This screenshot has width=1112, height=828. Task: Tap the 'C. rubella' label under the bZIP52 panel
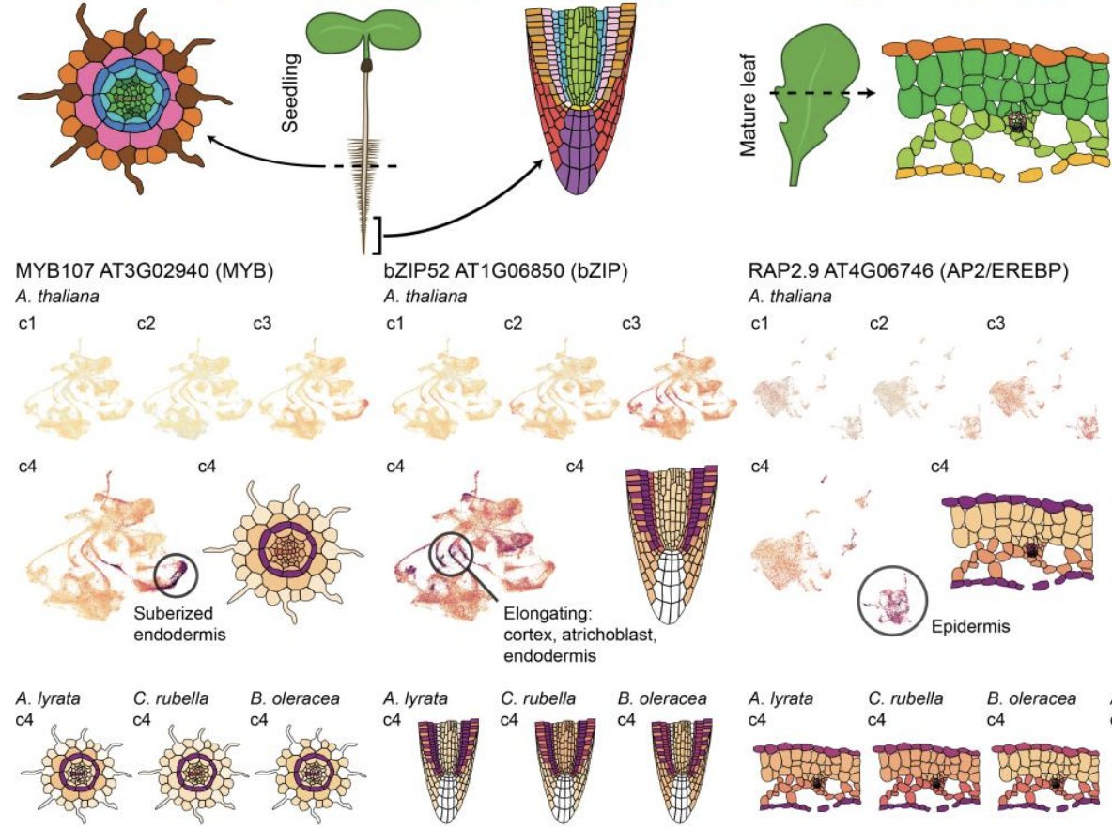click(536, 700)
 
